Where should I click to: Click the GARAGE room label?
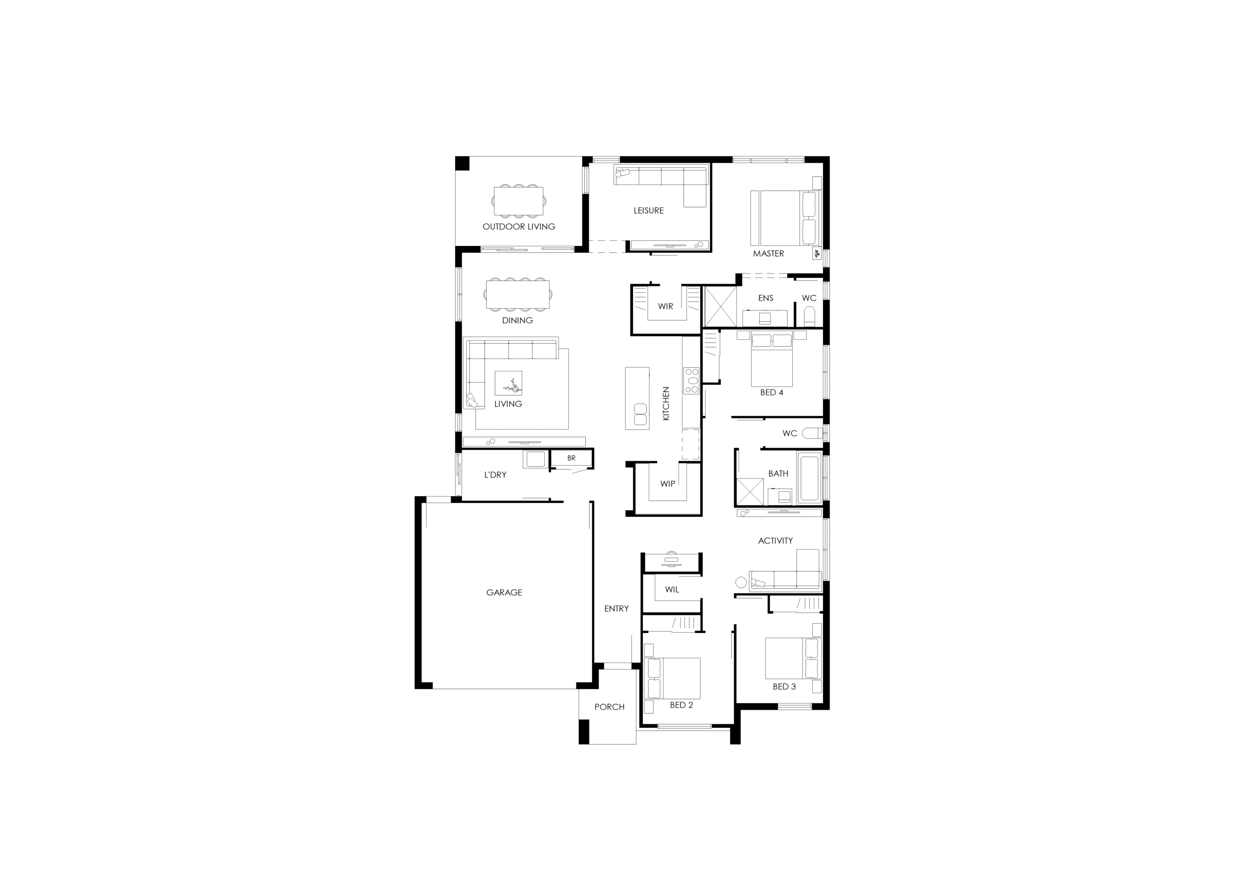(x=504, y=592)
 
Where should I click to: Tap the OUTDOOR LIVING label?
(x=518, y=226)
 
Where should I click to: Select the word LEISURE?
(x=648, y=210)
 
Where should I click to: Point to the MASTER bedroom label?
(x=768, y=253)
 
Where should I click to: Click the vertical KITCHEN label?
(x=666, y=404)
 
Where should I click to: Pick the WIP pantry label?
(x=667, y=484)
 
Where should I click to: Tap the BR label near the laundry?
(x=572, y=458)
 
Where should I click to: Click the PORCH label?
(x=609, y=707)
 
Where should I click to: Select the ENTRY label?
(x=616, y=609)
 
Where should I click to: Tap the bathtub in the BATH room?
(x=809, y=477)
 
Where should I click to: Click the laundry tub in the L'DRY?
(x=535, y=459)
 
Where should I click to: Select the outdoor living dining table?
(x=518, y=200)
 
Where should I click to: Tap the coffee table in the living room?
(x=508, y=383)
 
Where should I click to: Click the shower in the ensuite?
(x=720, y=307)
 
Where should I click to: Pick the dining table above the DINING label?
(x=518, y=294)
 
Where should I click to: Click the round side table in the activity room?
(x=741, y=582)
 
